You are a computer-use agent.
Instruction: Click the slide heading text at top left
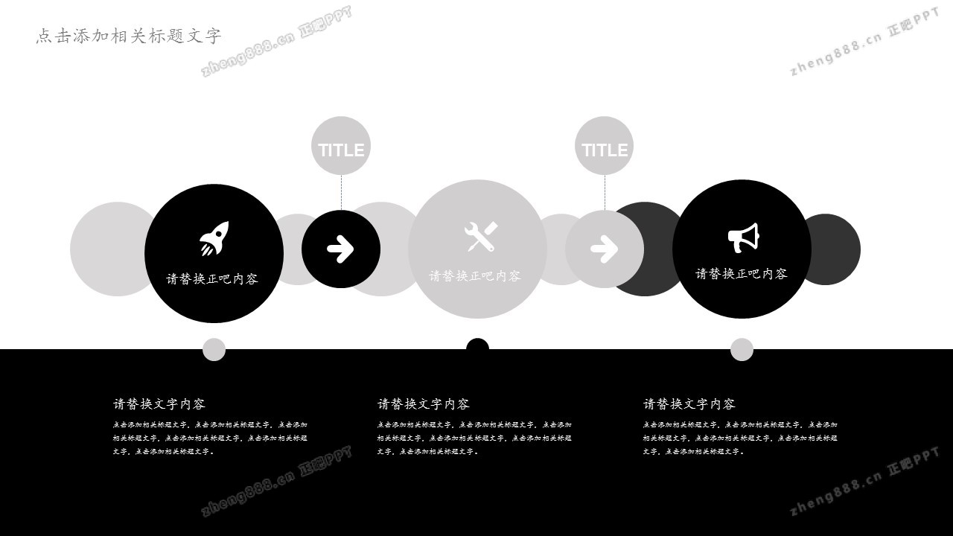click(129, 36)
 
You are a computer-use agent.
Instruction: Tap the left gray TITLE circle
click(341, 146)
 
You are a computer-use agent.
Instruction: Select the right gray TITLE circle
click(604, 146)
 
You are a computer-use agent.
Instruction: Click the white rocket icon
click(214, 238)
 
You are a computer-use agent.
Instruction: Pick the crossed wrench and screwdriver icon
click(480, 236)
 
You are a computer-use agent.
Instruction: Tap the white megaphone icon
click(742, 237)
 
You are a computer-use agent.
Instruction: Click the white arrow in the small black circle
click(340, 249)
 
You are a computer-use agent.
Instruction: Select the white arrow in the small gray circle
click(604, 249)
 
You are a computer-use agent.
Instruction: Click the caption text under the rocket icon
click(212, 279)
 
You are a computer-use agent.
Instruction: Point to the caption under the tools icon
click(475, 276)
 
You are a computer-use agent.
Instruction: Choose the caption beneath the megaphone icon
click(742, 274)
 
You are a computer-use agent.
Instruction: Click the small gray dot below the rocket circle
click(214, 349)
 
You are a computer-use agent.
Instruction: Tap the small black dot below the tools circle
click(477, 347)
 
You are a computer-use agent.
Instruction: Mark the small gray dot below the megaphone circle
click(742, 349)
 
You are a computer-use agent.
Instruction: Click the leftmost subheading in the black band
click(159, 404)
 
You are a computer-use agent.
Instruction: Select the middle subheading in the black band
click(424, 404)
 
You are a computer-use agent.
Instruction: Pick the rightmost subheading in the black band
click(689, 404)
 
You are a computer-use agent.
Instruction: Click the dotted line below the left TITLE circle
click(341, 192)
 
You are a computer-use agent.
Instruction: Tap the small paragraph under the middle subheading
click(474, 438)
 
